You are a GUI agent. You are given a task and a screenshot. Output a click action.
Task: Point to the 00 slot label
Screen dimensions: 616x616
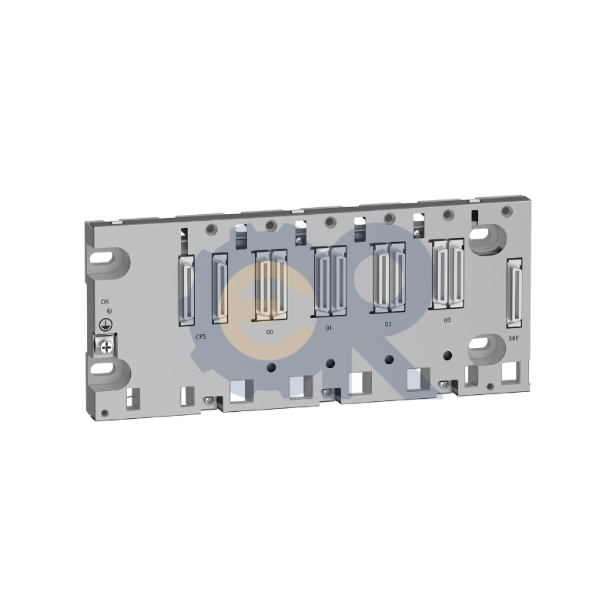(x=269, y=331)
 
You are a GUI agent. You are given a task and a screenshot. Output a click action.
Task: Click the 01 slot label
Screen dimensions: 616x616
(x=328, y=329)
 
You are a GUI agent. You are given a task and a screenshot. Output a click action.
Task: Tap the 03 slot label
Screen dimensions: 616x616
(x=447, y=319)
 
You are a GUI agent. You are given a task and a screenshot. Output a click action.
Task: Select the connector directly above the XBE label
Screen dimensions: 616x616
(x=514, y=293)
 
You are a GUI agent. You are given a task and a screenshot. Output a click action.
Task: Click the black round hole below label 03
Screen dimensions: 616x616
(x=448, y=355)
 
